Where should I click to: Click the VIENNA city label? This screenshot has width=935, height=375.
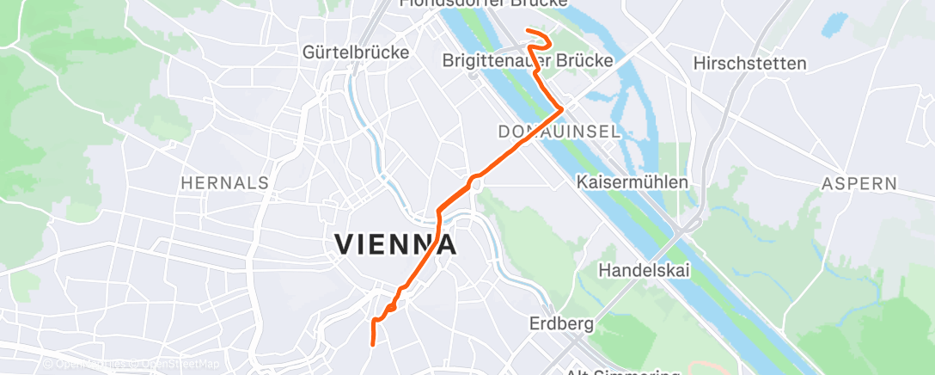pyautogui.click(x=394, y=245)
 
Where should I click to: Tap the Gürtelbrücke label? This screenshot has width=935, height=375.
pyautogui.click(x=356, y=52)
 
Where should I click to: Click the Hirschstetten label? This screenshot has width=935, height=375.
pyautogui.click(x=749, y=64)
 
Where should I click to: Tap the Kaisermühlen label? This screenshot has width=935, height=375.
pyautogui.click(x=632, y=182)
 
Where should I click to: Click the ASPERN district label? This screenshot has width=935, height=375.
pyautogui.click(x=859, y=183)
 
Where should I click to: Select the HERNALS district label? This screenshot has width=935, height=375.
pyautogui.click(x=225, y=182)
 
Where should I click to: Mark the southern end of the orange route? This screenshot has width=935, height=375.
pyautogui.click(x=372, y=344)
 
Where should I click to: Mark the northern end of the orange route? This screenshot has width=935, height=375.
pyautogui.click(x=527, y=32)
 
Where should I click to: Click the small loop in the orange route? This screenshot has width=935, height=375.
pyautogui.click(x=391, y=306)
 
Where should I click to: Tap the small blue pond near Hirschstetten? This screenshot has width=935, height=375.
pyautogui.click(x=833, y=23)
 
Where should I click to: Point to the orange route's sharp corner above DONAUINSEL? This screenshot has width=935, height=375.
pyautogui.click(x=562, y=109)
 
